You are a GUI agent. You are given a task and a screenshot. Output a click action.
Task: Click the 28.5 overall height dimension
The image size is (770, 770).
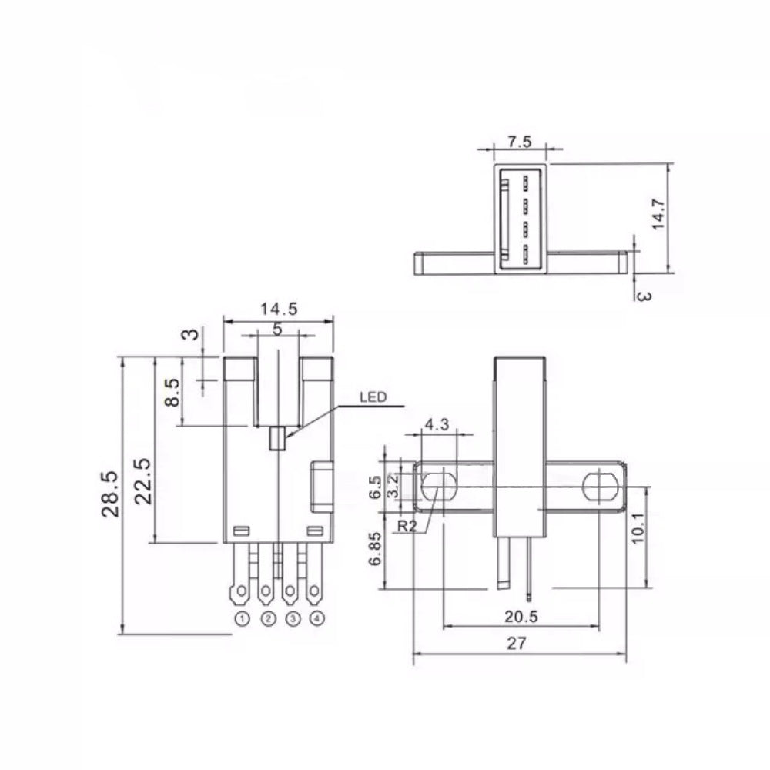110,494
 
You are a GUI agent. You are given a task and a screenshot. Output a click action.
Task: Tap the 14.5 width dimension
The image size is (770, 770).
279,309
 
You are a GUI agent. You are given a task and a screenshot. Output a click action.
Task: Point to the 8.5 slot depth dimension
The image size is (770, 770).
172,393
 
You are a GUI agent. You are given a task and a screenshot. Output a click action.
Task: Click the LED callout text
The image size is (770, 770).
373,397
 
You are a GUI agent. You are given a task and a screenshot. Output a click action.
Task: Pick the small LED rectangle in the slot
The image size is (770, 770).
277,438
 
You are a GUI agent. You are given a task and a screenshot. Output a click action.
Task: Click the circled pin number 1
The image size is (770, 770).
242,619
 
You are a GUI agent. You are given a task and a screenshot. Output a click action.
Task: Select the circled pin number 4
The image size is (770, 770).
317,619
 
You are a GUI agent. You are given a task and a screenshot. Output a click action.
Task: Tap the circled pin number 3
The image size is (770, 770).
293,619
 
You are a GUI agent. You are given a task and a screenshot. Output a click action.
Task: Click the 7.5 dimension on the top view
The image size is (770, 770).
520,142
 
